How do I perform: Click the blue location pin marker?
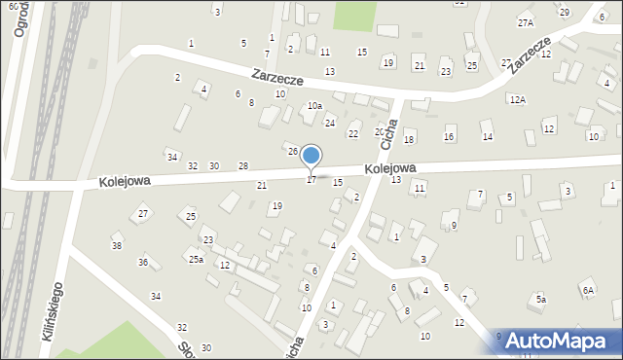[311, 156]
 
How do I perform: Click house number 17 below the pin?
[311, 180]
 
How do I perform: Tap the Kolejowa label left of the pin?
[124, 181]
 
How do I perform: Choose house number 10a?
[313, 105]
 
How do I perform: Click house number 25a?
[197, 259]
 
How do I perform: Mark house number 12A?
[517, 99]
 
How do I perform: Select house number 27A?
[526, 22]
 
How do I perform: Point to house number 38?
[117, 246]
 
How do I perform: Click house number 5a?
[540, 299]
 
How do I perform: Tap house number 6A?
[588, 290]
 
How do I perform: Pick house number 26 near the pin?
[292, 152]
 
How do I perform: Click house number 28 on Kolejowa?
[243, 166]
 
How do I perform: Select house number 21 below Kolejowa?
[262, 185]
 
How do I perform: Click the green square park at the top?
[355, 15]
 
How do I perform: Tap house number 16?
[449, 136]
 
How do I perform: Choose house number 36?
[143, 263]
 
